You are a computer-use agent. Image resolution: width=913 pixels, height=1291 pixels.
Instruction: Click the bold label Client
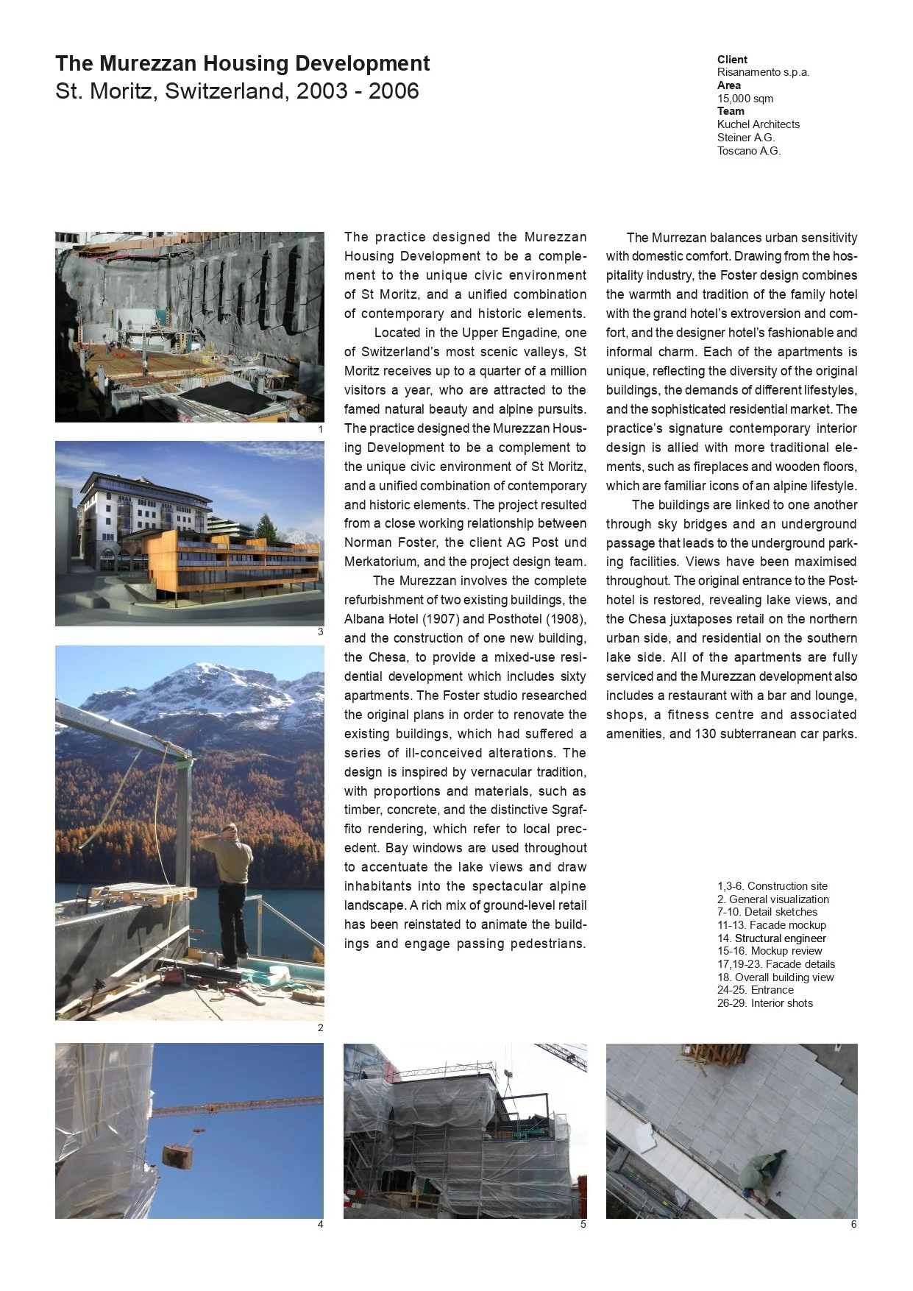coord(732,60)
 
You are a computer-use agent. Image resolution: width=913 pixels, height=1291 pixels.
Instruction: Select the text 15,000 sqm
coord(745,99)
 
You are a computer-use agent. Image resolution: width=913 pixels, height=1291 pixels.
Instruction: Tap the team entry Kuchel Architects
coord(758,124)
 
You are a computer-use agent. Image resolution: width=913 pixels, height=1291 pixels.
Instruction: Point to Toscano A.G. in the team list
coord(748,151)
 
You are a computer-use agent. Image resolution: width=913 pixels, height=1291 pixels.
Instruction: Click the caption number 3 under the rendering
coord(320,632)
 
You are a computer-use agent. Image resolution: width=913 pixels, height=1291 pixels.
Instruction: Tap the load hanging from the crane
coord(178,1155)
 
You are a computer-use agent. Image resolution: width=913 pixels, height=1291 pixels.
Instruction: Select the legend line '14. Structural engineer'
coord(771,938)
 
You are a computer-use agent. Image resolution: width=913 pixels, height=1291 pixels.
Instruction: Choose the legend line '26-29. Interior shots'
coord(764,1003)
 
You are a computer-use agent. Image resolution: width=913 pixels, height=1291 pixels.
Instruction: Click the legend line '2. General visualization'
coord(772,899)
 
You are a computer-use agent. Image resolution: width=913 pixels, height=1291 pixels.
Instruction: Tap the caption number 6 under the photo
coord(853,1225)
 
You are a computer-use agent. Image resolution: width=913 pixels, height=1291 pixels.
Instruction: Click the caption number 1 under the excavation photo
coord(320,429)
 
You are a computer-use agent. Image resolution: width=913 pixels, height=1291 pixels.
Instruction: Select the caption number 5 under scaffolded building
coord(583,1225)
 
